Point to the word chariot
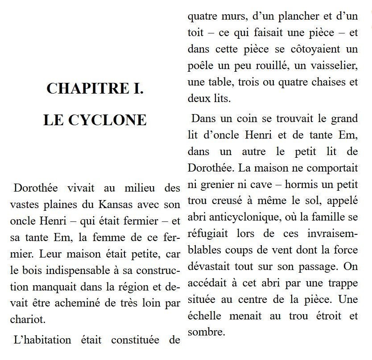tap(28, 319)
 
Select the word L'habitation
tap(43, 340)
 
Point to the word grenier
tap(214, 185)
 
